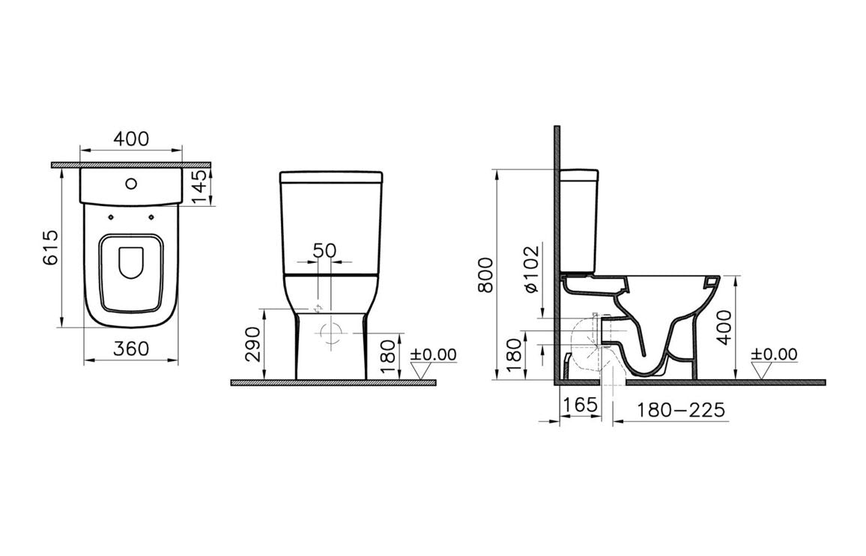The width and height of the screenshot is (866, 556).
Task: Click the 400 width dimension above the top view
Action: [131, 139]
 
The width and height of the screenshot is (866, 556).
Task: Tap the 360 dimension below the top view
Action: [131, 348]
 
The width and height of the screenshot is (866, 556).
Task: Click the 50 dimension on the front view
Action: [324, 250]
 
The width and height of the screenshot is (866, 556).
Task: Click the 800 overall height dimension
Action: [486, 274]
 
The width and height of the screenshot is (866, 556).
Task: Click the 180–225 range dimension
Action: [681, 410]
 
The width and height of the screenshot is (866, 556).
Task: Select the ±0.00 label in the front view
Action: [432, 354]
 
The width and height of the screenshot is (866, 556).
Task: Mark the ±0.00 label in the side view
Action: [774, 354]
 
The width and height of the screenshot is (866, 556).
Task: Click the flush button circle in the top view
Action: [131, 182]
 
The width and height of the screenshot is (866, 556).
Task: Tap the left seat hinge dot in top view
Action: [110, 217]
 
